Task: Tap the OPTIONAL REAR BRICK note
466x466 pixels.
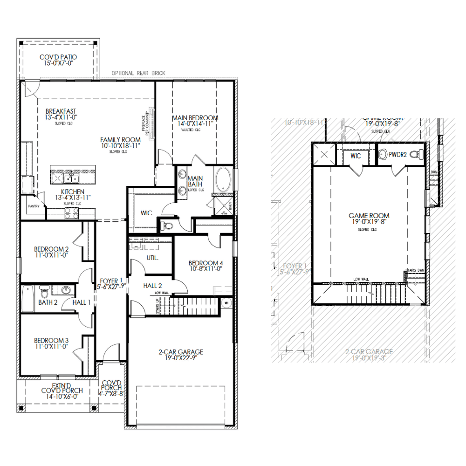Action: [x=138, y=73]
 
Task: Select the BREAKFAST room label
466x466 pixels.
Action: [x=61, y=111]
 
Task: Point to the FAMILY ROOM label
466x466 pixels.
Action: [x=120, y=140]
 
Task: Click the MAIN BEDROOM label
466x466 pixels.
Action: [x=195, y=118]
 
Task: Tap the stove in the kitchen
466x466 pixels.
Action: [x=71, y=213]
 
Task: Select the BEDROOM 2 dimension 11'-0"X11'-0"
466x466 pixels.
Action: [x=51, y=256]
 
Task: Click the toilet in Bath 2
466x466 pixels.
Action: [x=45, y=293]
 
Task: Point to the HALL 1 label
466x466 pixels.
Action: [x=82, y=302]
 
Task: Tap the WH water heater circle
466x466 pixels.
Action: [x=227, y=303]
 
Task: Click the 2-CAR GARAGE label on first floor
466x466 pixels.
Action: [x=180, y=352]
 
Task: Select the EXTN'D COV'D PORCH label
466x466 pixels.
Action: [x=62, y=387]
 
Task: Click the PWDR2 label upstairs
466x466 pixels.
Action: [x=398, y=154]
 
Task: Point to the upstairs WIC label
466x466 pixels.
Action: [x=356, y=156]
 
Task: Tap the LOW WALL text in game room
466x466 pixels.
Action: [x=361, y=279]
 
